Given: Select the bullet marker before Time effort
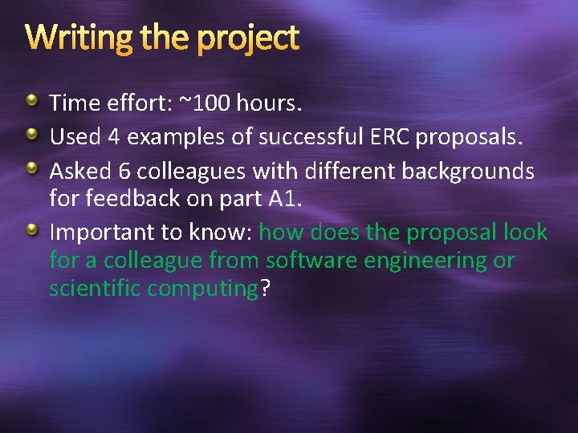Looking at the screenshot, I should (31, 100).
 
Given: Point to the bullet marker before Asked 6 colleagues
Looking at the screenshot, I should (31, 168).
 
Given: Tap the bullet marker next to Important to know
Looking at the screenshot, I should (31, 231).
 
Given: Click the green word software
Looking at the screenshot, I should (315, 261).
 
